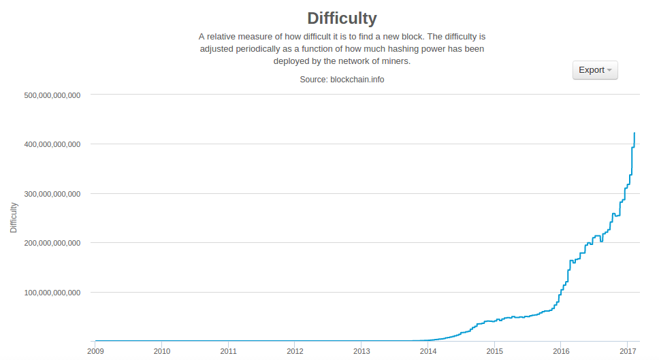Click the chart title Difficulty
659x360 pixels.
tap(342, 18)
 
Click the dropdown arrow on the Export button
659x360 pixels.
tap(609, 70)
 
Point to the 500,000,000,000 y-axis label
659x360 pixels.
tap(52, 95)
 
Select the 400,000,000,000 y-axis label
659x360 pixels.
tap(52, 144)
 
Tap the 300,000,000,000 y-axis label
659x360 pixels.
tap(52, 194)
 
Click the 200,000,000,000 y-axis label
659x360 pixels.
tap(52, 243)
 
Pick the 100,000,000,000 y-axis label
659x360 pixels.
tap(52, 293)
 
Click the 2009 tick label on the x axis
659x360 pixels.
tap(95, 351)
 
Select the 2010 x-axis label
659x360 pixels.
tap(162, 351)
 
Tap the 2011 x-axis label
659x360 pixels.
tap(229, 351)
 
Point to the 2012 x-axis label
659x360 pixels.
tap(295, 351)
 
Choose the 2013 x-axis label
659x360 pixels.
tap(361, 351)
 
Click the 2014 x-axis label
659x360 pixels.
tap(428, 351)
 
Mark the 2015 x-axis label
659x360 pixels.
tap(494, 351)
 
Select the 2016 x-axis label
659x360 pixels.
tap(561, 351)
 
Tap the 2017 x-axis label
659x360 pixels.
tap(627, 351)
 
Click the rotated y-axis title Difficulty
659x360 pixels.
tap(14, 217)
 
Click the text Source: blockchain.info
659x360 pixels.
tap(342, 80)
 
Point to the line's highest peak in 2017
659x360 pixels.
tap(634, 133)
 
